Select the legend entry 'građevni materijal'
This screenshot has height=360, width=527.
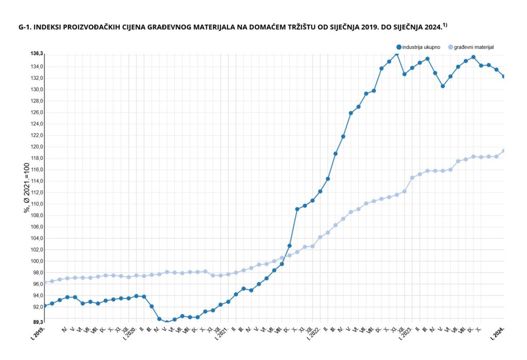coord(473,47)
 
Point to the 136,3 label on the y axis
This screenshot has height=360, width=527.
coord(37,53)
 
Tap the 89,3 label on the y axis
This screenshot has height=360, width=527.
coord(37,322)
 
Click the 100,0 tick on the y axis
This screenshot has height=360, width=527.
coord(37,261)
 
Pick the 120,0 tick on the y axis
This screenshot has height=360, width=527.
coord(37,147)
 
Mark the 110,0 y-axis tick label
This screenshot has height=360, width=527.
coord(37,204)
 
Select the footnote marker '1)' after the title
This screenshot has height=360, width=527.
coord(445,24)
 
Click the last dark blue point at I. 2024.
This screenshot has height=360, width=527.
coord(504,77)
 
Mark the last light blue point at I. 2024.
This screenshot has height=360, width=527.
coord(504,151)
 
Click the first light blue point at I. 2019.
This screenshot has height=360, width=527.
coord(45,282)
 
